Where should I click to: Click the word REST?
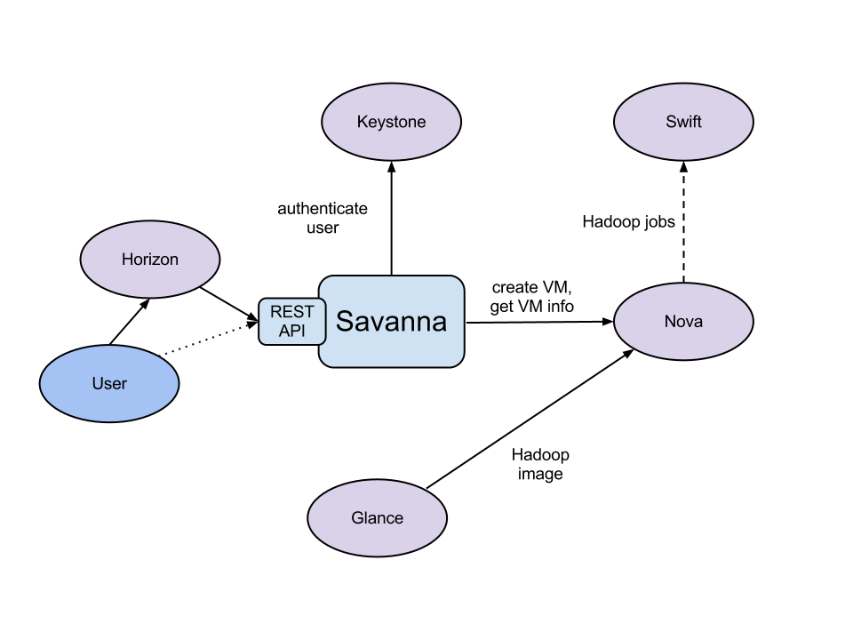tap(291, 313)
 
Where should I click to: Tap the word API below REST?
tap(291, 331)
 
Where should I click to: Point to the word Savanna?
tap(391, 321)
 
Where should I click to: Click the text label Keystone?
tap(391, 122)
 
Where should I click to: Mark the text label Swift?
tap(683, 122)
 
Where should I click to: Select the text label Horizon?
tap(149, 260)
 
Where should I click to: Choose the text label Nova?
tap(683, 322)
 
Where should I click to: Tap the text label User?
tap(109, 384)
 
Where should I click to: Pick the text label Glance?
tap(377, 518)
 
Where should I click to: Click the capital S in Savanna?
tap(345, 321)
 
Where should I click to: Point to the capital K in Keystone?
tap(362, 122)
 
